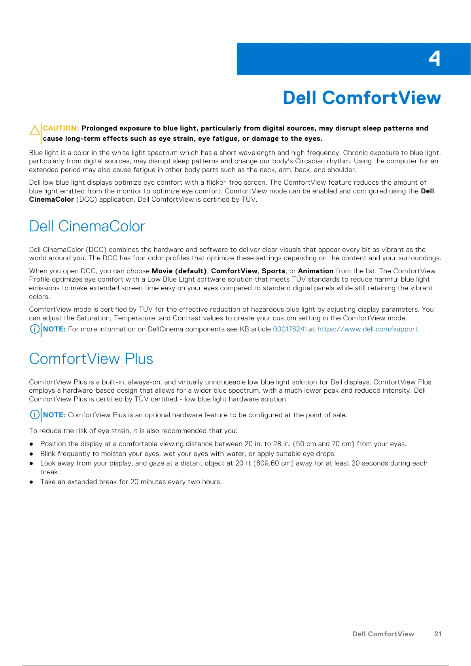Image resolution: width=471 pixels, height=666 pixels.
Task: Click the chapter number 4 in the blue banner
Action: tap(434, 59)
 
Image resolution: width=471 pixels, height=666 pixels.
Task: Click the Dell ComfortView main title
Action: tap(361, 98)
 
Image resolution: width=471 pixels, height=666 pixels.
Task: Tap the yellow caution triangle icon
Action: tap(35, 130)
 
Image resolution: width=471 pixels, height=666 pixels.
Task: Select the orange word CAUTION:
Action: tap(61, 128)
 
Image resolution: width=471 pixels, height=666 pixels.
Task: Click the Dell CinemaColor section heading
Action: tap(87, 226)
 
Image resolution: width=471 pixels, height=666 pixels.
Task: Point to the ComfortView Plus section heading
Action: tap(91, 359)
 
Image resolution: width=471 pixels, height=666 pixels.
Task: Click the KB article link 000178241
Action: tap(290, 329)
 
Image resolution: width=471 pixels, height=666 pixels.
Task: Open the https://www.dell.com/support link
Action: tap(367, 329)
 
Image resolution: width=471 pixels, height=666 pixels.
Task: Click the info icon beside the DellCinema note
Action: tap(35, 329)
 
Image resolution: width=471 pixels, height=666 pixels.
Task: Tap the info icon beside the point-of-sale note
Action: tap(35, 414)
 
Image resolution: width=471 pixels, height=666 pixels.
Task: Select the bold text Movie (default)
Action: tap(179, 271)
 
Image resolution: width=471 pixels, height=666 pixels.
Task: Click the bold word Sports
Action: tap(273, 271)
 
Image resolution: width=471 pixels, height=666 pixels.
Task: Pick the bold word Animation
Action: tap(316, 271)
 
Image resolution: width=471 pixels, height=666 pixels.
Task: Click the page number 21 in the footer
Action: tap(438, 634)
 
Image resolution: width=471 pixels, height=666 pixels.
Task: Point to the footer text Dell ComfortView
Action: tap(383, 634)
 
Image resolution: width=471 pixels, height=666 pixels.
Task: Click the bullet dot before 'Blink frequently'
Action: tap(31, 454)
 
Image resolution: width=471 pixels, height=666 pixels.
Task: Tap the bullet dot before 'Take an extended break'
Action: tap(31, 482)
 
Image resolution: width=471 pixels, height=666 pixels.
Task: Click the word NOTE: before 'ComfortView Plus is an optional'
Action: tap(55, 415)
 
